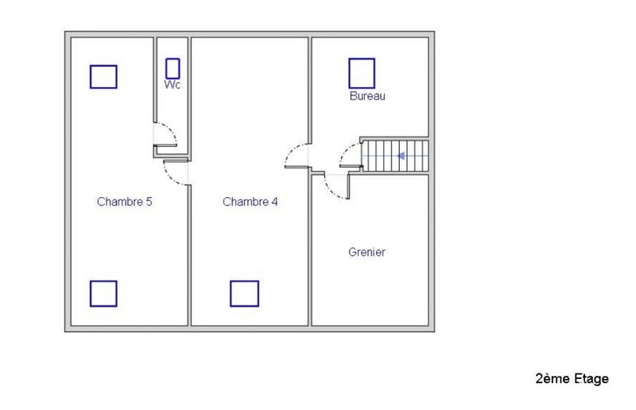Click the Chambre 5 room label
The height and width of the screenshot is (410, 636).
pyautogui.click(x=124, y=202)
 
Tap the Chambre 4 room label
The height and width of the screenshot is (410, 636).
pyautogui.click(x=250, y=202)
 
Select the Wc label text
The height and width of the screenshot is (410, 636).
pyautogui.click(x=173, y=84)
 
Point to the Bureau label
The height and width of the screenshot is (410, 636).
pyautogui.click(x=367, y=96)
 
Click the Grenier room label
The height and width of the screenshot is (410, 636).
pyautogui.click(x=366, y=253)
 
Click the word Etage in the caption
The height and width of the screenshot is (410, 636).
pyautogui.click(x=591, y=379)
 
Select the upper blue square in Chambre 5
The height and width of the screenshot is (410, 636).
pyautogui.click(x=103, y=76)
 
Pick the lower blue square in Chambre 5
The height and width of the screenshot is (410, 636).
pyautogui.click(x=103, y=293)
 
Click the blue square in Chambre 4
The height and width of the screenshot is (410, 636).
pyautogui.click(x=245, y=293)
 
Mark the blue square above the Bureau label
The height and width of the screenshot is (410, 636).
pyautogui.click(x=362, y=73)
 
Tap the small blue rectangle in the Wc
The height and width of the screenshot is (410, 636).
pyautogui.click(x=173, y=68)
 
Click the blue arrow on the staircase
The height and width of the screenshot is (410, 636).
pyautogui.click(x=402, y=156)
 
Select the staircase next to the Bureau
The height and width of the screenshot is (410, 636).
pyautogui.click(x=395, y=154)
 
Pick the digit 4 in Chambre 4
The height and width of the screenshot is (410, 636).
pyautogui.click(x=274, y=202)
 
